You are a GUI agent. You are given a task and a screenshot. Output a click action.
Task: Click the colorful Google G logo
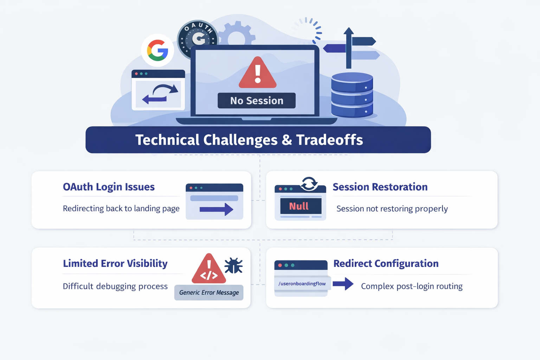tap(157, 50)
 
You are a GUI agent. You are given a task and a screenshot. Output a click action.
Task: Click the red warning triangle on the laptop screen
tap(258, 73)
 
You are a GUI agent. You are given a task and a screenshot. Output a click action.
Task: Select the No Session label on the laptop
tap(257, 101)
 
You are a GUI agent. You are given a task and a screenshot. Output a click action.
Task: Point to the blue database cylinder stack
tap(352, 95)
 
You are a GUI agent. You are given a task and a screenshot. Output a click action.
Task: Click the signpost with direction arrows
tap(350, 47)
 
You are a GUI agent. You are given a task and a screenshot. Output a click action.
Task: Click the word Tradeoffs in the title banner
tap(329, 140)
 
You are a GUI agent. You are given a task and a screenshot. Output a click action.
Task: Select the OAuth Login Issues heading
tap(109, 187)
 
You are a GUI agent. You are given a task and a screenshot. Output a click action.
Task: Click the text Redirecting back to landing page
tap(121, 208)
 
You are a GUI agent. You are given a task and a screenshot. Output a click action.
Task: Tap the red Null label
tap(299, 206)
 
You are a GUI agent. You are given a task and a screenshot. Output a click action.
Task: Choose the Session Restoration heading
tap(380, 187)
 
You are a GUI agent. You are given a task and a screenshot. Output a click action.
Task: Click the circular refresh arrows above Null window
tap(309, 184)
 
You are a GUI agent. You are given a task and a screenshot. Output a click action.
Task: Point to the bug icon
tap(233, 265)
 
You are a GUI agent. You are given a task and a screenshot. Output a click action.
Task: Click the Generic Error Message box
tap(209, 292)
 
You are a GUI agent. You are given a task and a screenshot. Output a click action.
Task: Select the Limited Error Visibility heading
tap(115, 264)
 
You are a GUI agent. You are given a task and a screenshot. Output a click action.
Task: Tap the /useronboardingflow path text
tap(302, 284)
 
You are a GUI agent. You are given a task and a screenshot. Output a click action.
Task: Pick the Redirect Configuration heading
tap(386, 264)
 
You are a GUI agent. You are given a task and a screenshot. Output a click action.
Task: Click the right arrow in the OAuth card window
tap(216, 210)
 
